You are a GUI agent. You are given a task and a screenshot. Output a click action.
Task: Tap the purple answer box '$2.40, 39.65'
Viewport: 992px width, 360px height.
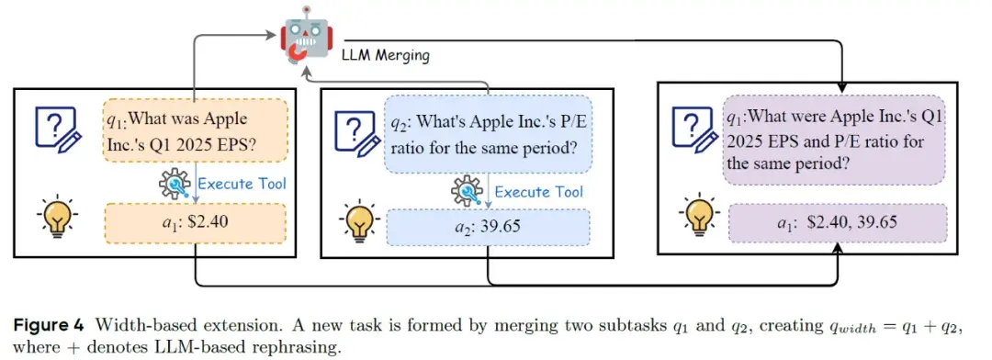pyautogui.click(x=835, y=223)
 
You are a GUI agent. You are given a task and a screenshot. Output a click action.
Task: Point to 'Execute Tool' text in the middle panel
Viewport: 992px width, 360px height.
pyautogui.click(x=539, y=191)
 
